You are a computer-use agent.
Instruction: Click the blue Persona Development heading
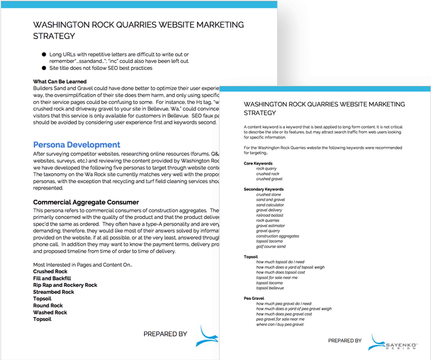tap(76, 145)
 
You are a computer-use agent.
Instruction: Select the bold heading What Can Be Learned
tap(60, 82)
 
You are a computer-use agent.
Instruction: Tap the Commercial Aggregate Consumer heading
tap(86, 202)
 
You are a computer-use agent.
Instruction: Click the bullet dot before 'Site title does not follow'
tap(44, 68)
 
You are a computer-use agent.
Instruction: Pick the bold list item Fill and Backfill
tap(52, 278)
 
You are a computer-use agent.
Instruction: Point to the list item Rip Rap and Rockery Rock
tap(65, 285)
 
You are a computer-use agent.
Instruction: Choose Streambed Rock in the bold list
tap(53, 292)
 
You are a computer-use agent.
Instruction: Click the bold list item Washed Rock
tap(50, 313)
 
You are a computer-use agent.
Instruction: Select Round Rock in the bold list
tap(48, 305)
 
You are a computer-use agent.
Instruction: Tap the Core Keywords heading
tap(258, 163)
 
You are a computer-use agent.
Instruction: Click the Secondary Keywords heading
tap(263, 189)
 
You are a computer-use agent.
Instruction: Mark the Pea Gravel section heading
tap(254, 298)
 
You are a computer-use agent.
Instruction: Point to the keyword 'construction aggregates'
tap(278, 236)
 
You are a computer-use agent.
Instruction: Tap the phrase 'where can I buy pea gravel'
tap(280, 324)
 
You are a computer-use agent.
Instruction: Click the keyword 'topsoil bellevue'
tap(270, 288)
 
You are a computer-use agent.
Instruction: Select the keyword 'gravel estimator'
tap(271, 225)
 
